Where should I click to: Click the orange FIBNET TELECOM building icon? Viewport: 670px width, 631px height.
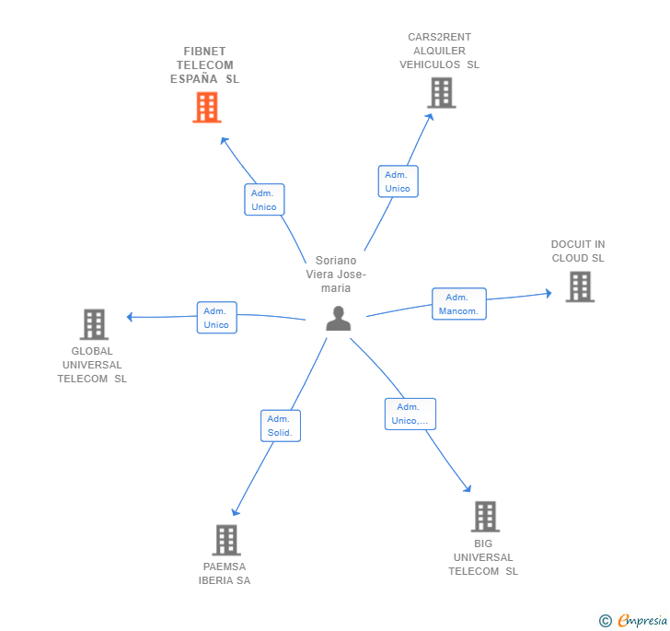point(207,108)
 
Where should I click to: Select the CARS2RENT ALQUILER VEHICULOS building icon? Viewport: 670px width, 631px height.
point(441,93)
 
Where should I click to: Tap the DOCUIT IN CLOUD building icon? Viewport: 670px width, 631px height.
point(579,286)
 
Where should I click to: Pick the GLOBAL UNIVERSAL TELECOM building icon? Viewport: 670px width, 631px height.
point(94,324)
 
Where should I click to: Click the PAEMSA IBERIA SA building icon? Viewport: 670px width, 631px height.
point(226,540)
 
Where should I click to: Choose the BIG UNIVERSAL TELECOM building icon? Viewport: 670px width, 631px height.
point(485,517)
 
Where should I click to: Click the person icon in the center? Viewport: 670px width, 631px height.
point(339,319)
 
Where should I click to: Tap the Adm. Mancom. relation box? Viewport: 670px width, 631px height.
point(459,304)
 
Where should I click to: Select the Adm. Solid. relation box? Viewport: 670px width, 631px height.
point(280,426)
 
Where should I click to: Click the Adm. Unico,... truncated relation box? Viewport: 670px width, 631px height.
point(410,414)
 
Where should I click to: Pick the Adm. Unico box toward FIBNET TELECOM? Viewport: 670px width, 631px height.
point(264,200)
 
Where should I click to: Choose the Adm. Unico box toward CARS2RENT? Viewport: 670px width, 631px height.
point(398,181)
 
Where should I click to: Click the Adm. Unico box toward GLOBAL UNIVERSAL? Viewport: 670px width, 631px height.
point(216,318)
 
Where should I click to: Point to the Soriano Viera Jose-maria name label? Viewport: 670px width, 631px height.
point(336,275)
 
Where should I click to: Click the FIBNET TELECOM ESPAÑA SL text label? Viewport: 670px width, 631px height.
point(204,65)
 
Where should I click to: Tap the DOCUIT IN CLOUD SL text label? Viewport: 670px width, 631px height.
point(578,251)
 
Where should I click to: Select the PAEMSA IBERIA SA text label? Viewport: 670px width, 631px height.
point(225,574)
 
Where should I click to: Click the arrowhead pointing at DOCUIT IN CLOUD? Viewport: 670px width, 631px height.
point(548,294)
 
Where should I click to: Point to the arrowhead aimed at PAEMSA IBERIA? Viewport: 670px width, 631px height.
point(236,511)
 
